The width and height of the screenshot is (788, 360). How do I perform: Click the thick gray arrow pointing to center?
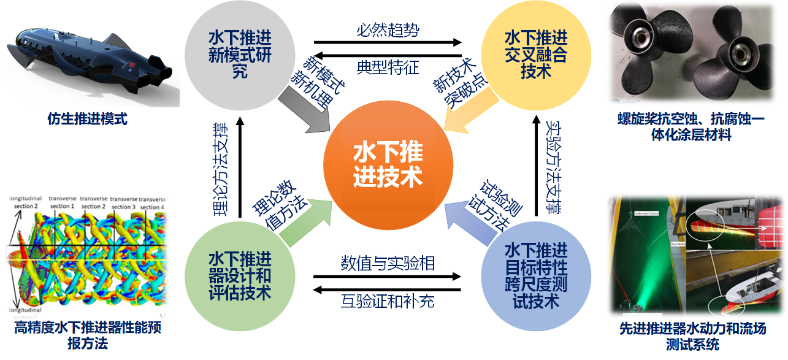click(304, 111)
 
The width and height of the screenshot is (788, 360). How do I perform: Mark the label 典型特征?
click(388, 66)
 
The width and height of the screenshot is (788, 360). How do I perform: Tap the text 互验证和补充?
click(388, 301)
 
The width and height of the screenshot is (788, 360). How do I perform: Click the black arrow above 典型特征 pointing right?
click(388, 43)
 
